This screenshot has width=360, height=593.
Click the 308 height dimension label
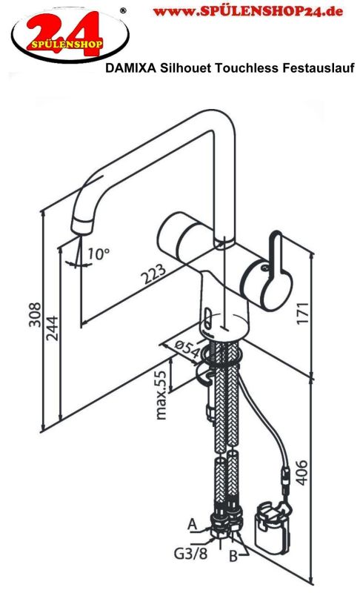(x=35, y=314)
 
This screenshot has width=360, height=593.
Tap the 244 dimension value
(x=53, y=328)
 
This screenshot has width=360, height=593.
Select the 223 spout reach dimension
(x=153, y=274)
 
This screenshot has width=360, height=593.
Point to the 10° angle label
(x=99, y=254)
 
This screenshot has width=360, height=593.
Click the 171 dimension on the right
(x=303, y=312)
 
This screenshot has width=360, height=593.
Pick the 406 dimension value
(x=301, y=472)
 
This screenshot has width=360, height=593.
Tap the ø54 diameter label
(x=187, y=349)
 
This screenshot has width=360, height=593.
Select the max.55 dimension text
(x=161, y=395)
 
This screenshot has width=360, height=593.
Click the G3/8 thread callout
(x=191, y=554)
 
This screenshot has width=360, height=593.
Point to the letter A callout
(x=193, y=524)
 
